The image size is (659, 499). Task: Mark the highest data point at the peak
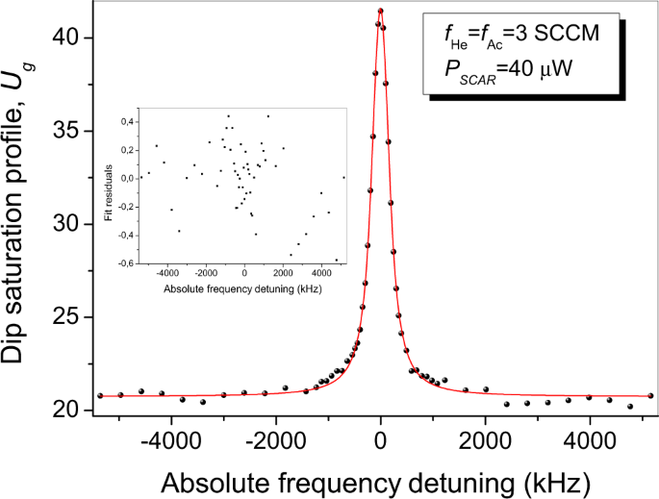coord(381,12)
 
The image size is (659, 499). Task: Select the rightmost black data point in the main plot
coord(651,395)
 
